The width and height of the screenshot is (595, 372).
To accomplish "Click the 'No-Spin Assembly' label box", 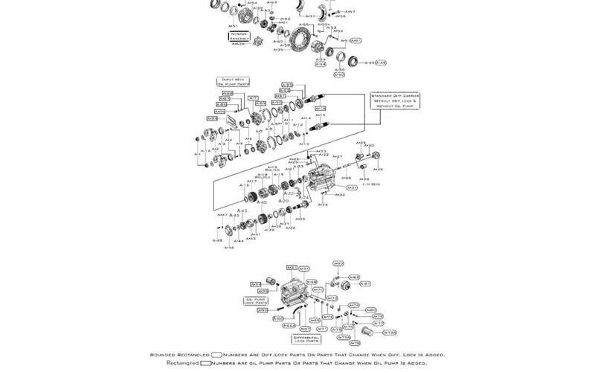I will point(239,35).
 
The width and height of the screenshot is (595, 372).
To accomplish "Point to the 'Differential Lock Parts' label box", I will point(306,339).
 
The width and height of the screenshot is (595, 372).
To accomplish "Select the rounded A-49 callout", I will point(381,62).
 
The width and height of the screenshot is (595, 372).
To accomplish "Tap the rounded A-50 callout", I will point(339,74).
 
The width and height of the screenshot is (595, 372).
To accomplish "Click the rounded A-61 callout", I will point(364,283).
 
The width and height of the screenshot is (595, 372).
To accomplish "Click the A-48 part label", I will point(216,240).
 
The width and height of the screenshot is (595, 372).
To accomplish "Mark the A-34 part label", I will point(323,205).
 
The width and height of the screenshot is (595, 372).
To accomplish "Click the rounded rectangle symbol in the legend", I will point(218,355).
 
